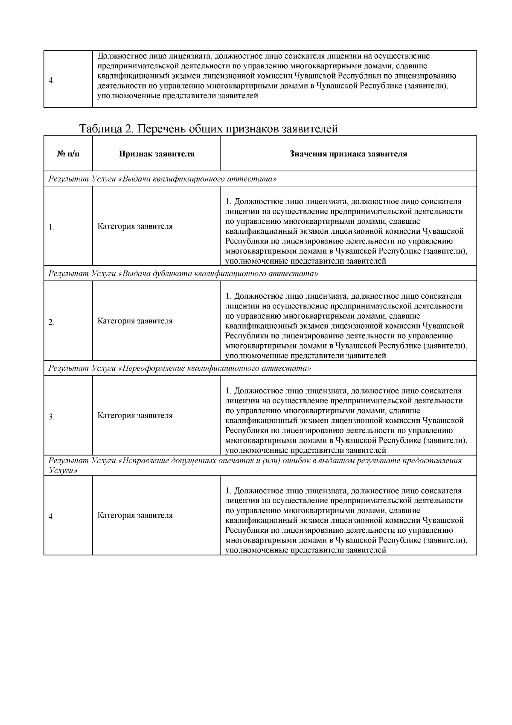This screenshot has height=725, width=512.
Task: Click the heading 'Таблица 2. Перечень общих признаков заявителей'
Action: [208, 129]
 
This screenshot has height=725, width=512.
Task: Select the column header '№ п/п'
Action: [68, 154]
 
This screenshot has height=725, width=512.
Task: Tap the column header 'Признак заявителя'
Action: [157, 154]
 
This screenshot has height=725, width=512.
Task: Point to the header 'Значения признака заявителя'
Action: [348, 154]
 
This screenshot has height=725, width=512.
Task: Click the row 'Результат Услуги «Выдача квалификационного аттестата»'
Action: [162, 179]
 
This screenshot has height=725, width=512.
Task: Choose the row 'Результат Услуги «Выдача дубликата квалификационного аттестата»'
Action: [183, 273]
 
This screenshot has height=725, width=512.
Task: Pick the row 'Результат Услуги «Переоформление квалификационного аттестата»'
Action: [180, 368]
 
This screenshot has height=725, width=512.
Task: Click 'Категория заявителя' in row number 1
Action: [135, 226]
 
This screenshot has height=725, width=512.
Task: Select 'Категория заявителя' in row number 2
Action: [135, 321]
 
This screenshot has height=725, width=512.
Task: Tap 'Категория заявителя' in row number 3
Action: [135, 416]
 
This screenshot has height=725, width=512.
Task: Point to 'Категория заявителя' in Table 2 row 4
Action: [135, 515]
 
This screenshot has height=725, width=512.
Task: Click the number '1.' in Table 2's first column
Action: [52, 228]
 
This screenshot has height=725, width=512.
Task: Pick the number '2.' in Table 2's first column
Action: [52, 323]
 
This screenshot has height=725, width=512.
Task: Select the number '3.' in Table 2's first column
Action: [52, 417]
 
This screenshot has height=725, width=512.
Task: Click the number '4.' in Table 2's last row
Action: [52, 517]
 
